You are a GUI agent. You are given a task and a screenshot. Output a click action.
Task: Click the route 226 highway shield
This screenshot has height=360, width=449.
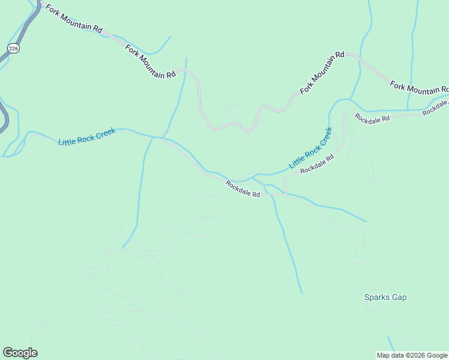click(x=13, y=47)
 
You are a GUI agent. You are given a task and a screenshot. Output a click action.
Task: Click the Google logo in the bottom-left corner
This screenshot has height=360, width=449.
click(x=20, y=353)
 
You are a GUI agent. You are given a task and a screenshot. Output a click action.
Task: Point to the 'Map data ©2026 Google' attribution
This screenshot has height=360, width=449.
click(x=412, y=355)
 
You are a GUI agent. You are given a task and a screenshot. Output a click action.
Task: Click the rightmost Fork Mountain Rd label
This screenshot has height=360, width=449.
click(x=419, y=87)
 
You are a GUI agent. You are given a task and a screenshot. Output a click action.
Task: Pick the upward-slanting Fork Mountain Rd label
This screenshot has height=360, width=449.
click(x=322, y=72)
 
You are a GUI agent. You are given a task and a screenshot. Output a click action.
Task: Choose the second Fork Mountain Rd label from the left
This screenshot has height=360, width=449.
click(x=151, y=61)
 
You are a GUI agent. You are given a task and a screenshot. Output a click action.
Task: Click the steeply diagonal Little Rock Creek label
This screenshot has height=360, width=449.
click(x=310, y=148)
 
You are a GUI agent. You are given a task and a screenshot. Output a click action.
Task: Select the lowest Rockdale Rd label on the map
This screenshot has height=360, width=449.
click(x=243, y=189)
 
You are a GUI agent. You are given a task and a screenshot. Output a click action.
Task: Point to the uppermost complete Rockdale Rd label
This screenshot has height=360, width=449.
click(x=372, y=118)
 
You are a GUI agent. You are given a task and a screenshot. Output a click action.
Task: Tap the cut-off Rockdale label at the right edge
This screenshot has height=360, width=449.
click(x=435, y=109)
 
